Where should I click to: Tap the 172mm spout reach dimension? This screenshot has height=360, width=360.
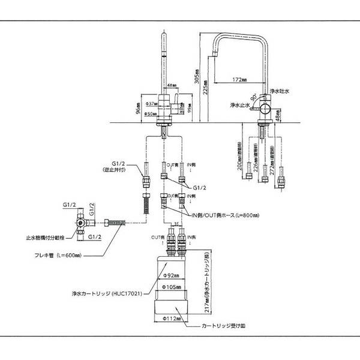click(x=238, y=79)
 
